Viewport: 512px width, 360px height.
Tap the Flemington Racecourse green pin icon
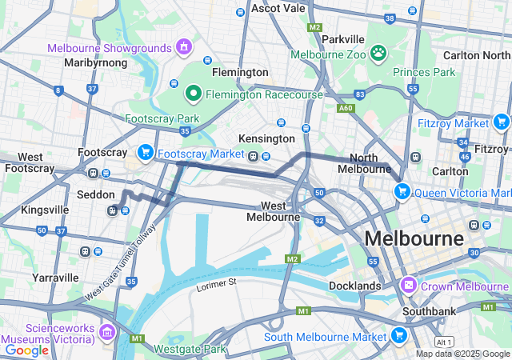pyautogui.click(x=193, y=94)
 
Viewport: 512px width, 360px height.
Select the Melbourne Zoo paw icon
pyautogui.click(x=378, y=54)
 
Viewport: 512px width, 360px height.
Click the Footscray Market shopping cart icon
pyautogui.click(x=145, y=152)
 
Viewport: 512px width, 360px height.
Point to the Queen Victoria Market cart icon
pyautogui.click(x=402, y=192)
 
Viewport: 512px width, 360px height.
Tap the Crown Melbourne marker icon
pyautogui.click(x=409, y=286)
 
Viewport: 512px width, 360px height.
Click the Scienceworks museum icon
pyautogui.click(x=107, y=331)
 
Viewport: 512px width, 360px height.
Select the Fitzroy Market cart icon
pyautogui.click(x=501, y=122)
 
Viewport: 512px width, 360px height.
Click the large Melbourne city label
pyautogui.click(x=414, y=238)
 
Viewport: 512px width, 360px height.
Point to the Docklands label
pyautogui.click(x=354, y=286)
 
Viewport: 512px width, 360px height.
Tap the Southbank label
pyautogui.click(x=430, y=311)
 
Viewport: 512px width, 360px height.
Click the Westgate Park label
pyautogui.click(x=190, y=349)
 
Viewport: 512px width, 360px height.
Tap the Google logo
pyautogui.click(x=26, y=350)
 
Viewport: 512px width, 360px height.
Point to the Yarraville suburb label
pyautogui.click(x=56, y=278)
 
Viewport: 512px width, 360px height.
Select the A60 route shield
pyautogui.click(x=346, y=107)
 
